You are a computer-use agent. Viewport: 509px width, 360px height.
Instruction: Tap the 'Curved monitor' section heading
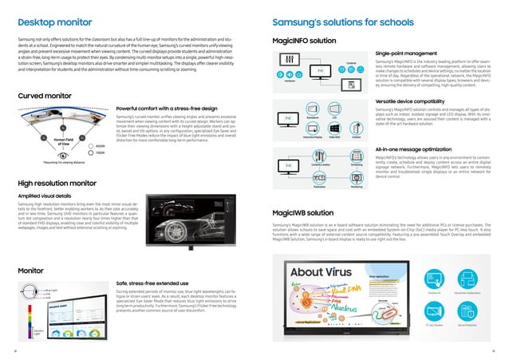click(x=45, y=96)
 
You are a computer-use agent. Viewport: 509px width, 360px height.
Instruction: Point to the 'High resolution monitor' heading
click(x=57, y=183)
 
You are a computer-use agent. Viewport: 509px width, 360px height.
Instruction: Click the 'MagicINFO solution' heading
click(x=304, y=39)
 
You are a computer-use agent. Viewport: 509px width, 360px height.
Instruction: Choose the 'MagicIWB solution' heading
click(x=303, y=214)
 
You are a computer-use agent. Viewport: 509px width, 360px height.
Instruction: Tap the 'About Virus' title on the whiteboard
click(x=317, y=273)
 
